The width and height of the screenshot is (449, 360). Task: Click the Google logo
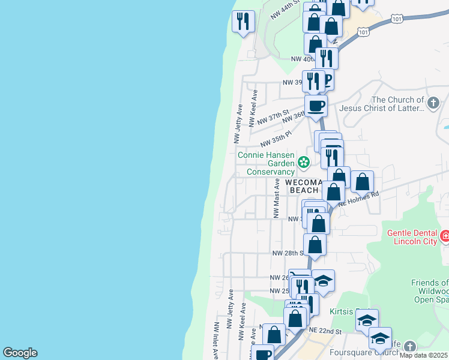coord(20,353)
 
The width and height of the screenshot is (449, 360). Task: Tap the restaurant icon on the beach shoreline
coord(243,22)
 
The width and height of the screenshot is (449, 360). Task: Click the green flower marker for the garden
coord(304,161)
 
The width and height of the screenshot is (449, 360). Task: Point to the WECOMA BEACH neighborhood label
coord(304,185)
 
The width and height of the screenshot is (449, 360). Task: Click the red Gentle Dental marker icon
coord(445,236)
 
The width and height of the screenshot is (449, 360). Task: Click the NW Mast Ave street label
coord(277,198)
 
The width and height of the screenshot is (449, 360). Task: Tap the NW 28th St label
coord(286,253)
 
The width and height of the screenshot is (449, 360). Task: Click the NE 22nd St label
coord(325,331)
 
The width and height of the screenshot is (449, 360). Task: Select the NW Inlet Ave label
coord(215,341)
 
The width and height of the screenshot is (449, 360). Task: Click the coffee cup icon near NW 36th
coord(316,106)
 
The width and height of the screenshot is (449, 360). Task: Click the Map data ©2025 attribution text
coord(424,355)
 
